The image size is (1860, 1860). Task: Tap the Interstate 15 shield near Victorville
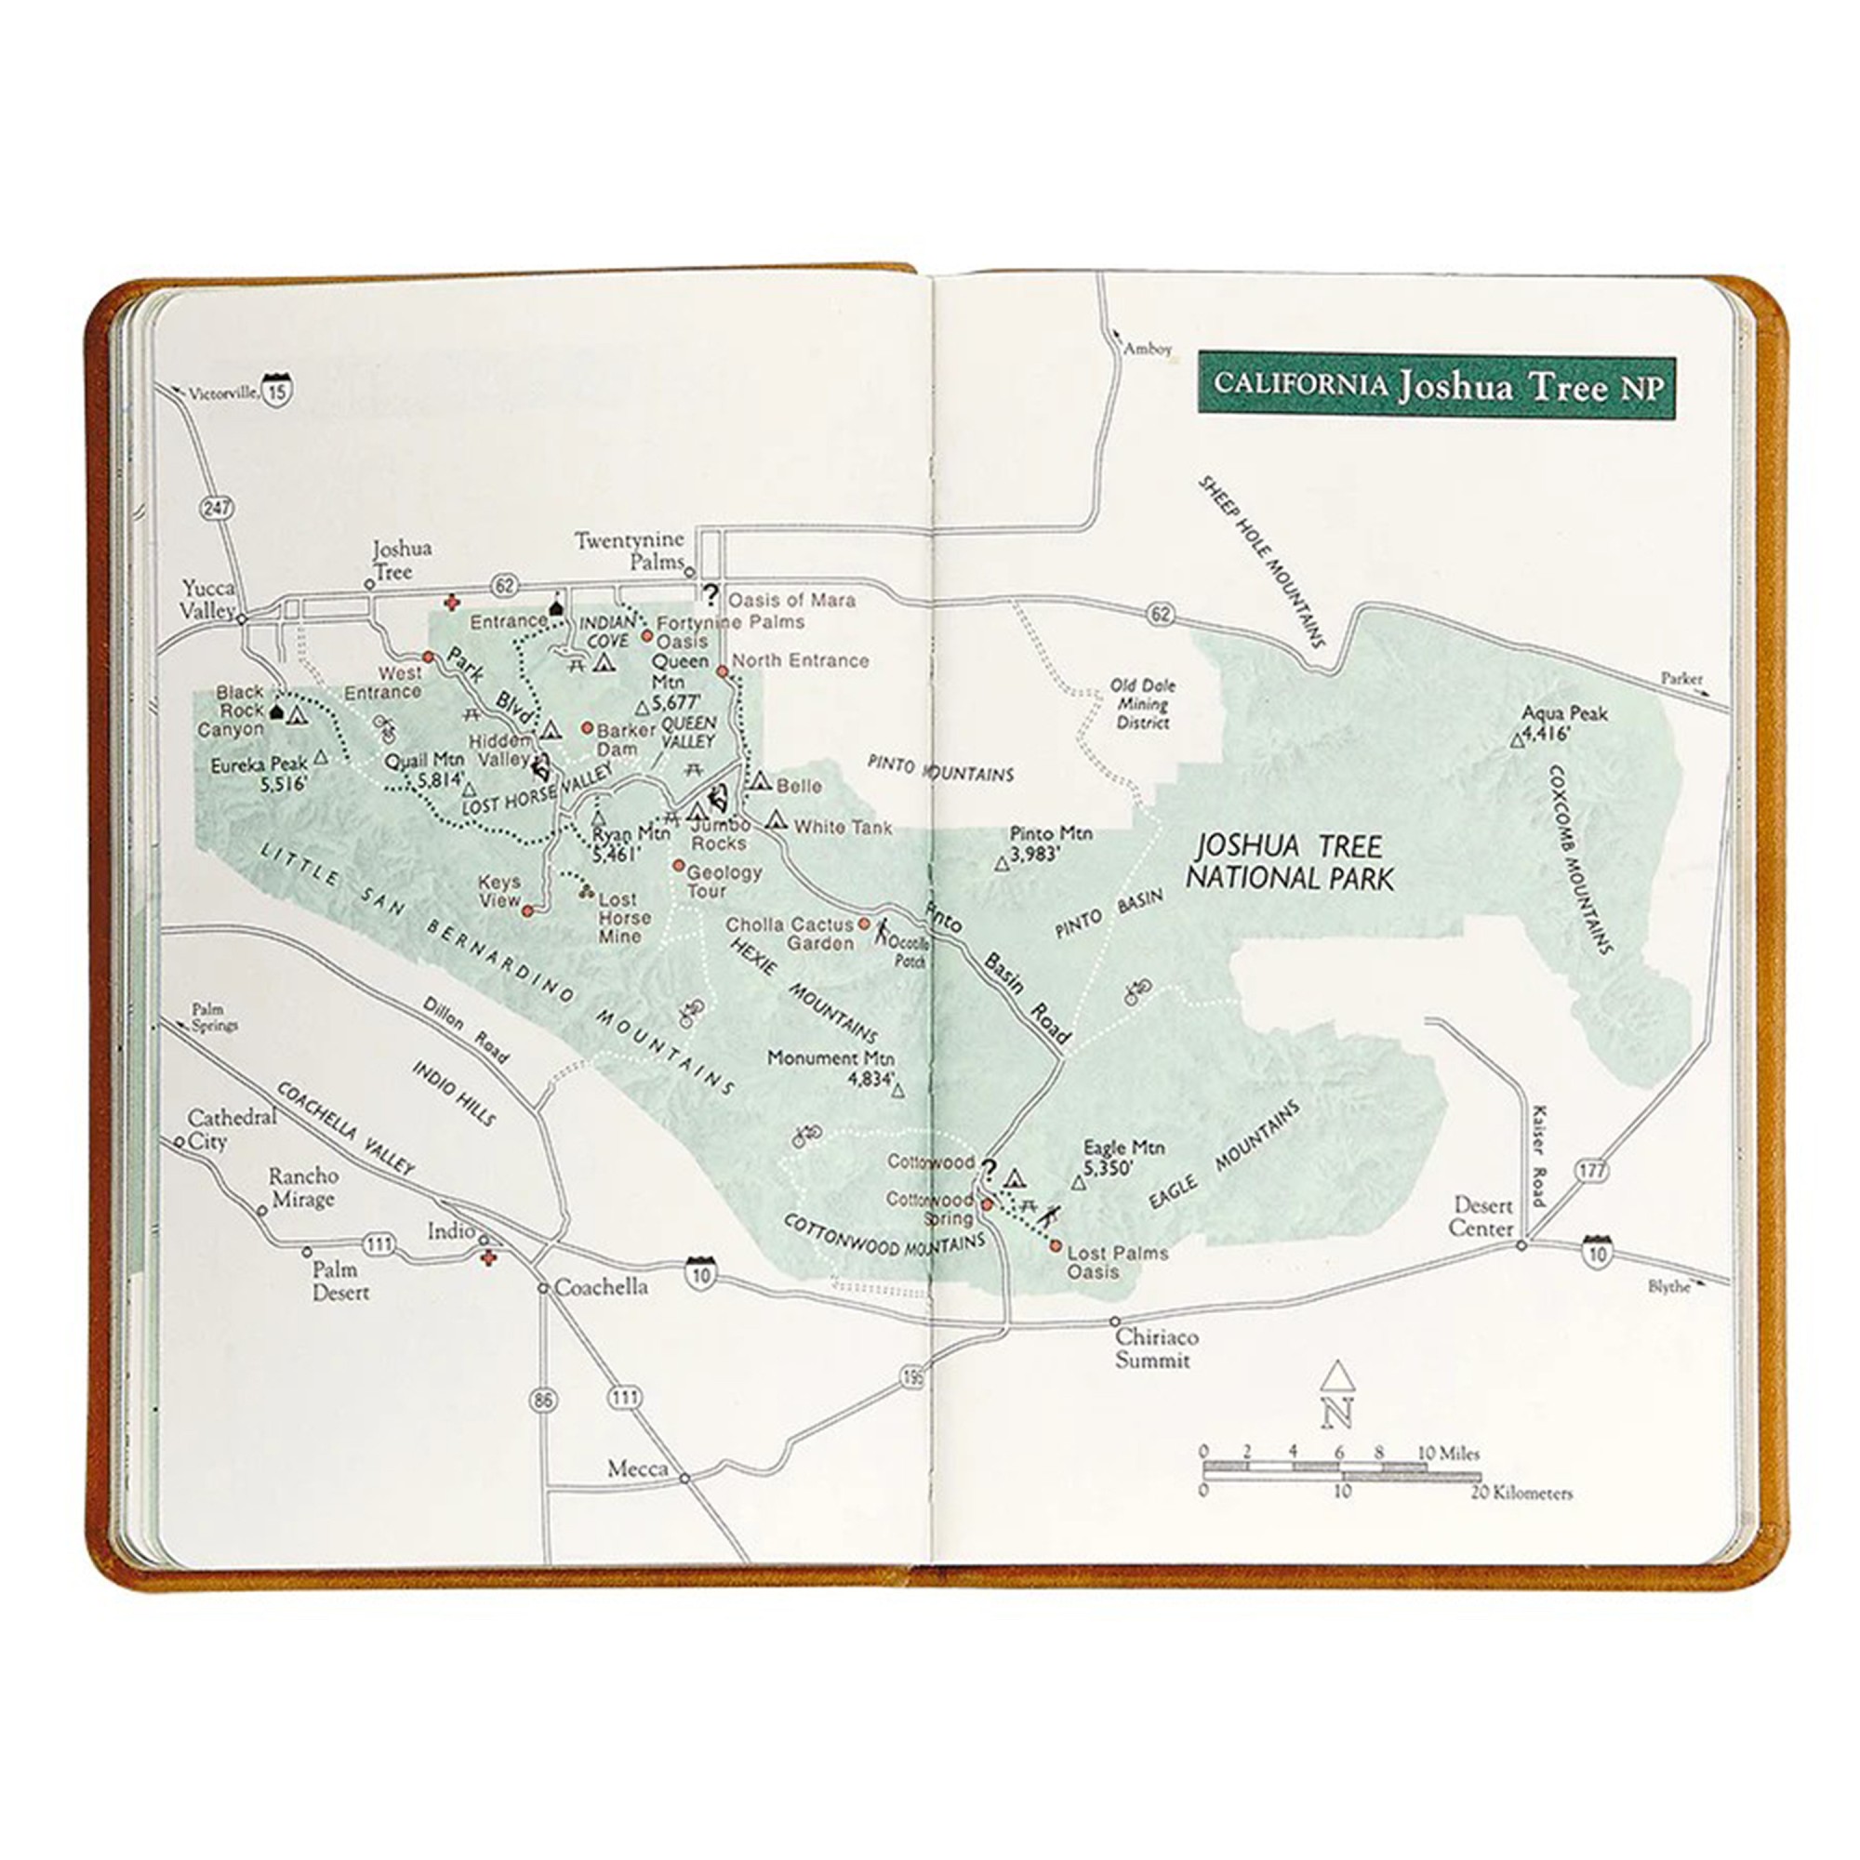pos(278,389)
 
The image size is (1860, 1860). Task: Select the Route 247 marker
pos(218,508)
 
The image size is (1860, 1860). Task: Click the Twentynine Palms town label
pos(631,551)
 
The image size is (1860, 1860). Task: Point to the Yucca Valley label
pos(208,599)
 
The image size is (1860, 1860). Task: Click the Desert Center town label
pos(1482,1216)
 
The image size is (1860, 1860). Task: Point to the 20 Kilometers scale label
pos(1521,1495)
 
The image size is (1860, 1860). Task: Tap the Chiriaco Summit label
pos(1156,1348)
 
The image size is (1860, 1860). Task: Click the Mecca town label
pos(637,1469)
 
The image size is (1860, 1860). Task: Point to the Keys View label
pos(499,891)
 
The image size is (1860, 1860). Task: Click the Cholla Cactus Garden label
pos(790,934)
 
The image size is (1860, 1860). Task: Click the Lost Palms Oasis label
pos(1117,1262)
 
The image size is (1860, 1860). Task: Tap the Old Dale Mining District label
pos(1143,704)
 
